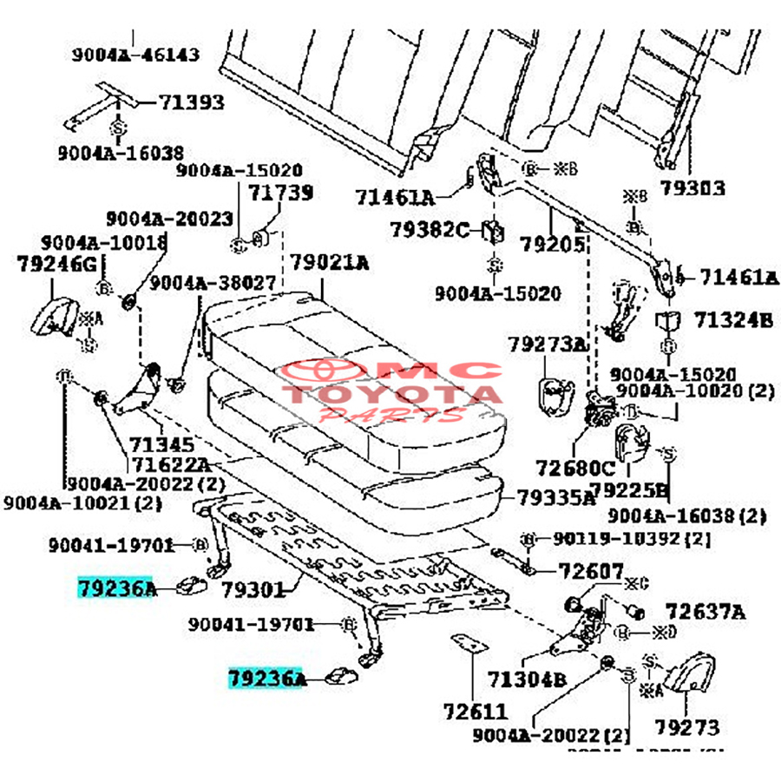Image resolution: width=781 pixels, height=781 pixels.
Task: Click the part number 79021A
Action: coord(329,262)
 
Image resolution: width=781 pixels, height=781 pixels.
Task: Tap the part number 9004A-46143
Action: coord(135,55)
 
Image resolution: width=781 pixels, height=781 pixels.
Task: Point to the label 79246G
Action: coord(56,264)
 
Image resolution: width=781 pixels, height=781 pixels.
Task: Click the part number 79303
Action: coord(692,187)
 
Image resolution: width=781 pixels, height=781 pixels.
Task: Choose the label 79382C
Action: coord(429,230)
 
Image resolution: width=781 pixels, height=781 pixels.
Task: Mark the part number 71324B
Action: coord(732,321)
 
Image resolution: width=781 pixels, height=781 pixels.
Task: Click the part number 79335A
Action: coord(556,498)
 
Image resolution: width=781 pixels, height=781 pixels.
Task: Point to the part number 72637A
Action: coord(705,612)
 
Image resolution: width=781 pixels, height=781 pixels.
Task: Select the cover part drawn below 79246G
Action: coord(55,315)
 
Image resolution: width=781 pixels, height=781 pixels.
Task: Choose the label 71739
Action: coord(281,193)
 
